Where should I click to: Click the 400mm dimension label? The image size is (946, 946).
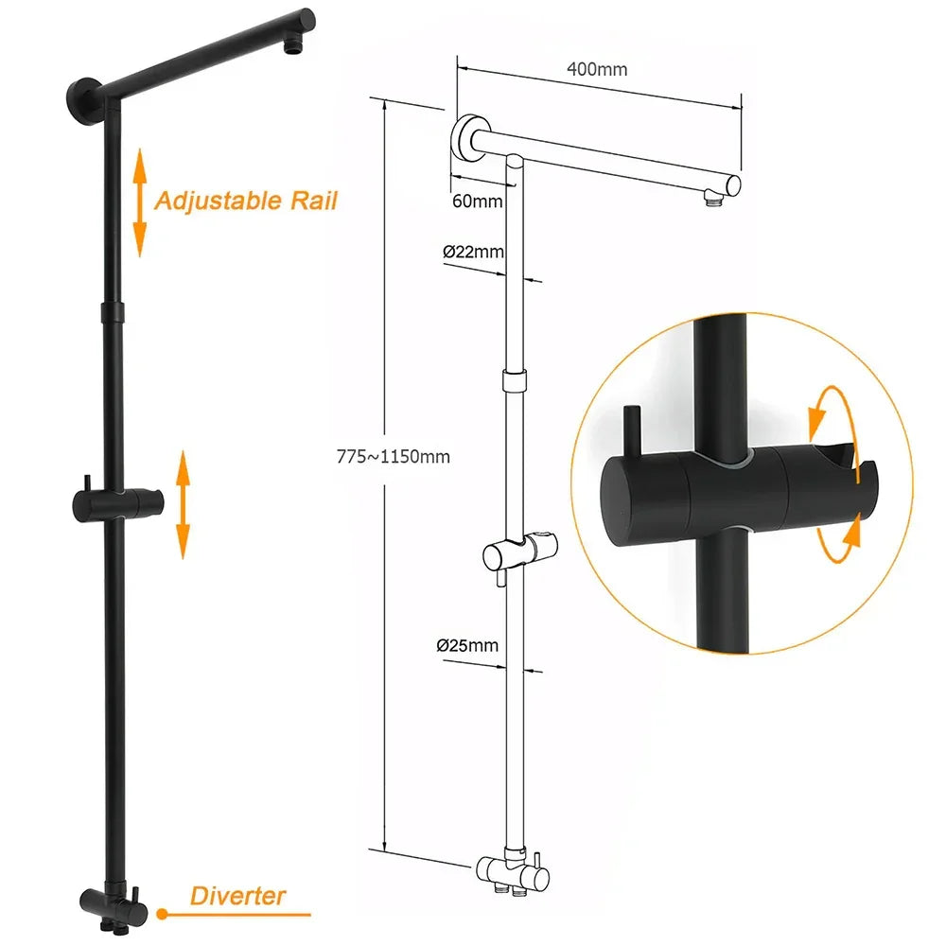[596, 69]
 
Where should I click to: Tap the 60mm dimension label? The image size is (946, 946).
[478, 201]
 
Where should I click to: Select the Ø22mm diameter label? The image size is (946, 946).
[473, 252]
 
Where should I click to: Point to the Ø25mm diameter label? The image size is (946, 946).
[467, 646]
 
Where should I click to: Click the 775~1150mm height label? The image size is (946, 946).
[394, 457]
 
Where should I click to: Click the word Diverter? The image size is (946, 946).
[237, 895]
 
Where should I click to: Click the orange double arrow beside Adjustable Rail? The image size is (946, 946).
[140, 201]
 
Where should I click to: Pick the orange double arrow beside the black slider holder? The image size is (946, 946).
[183, 504]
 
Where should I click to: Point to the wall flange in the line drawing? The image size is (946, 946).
[466, 139]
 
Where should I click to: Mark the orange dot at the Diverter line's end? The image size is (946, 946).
[163, 914]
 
